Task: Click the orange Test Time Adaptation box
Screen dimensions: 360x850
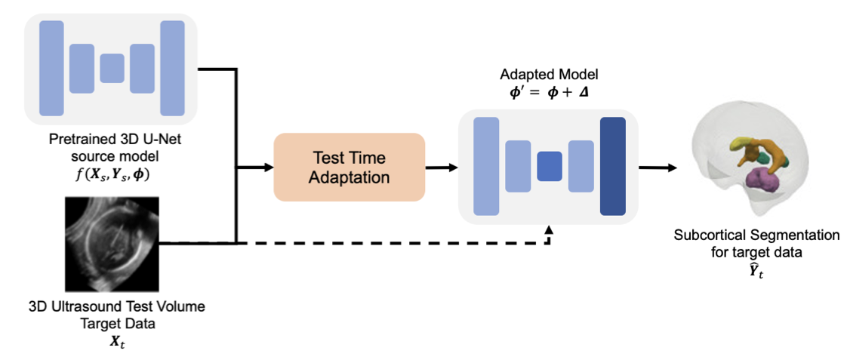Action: pyautogui.click(x=349, y=167)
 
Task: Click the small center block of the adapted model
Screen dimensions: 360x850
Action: pyautogui.click(x=550, y=166)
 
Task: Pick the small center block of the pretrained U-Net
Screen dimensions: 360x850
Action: pyautogui.click(x=112, y=68)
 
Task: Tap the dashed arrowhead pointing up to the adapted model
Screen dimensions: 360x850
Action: pyautogui.click(x=550, y=229)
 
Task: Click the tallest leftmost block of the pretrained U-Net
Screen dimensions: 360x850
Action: pyautogui.click(x=51, y=68)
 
